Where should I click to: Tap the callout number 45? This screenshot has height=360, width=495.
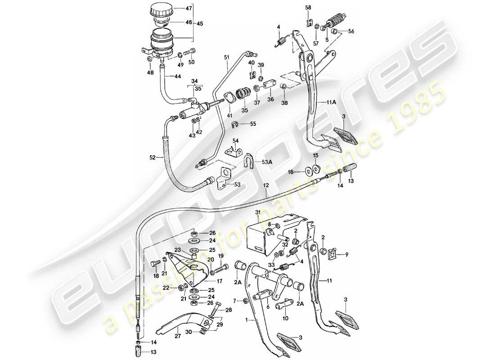200,24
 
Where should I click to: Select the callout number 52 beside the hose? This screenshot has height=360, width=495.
153,157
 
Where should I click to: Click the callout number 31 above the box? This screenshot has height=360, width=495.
257,213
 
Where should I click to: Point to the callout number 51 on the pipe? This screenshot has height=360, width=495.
227,57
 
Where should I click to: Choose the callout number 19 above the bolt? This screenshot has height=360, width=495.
221,256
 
